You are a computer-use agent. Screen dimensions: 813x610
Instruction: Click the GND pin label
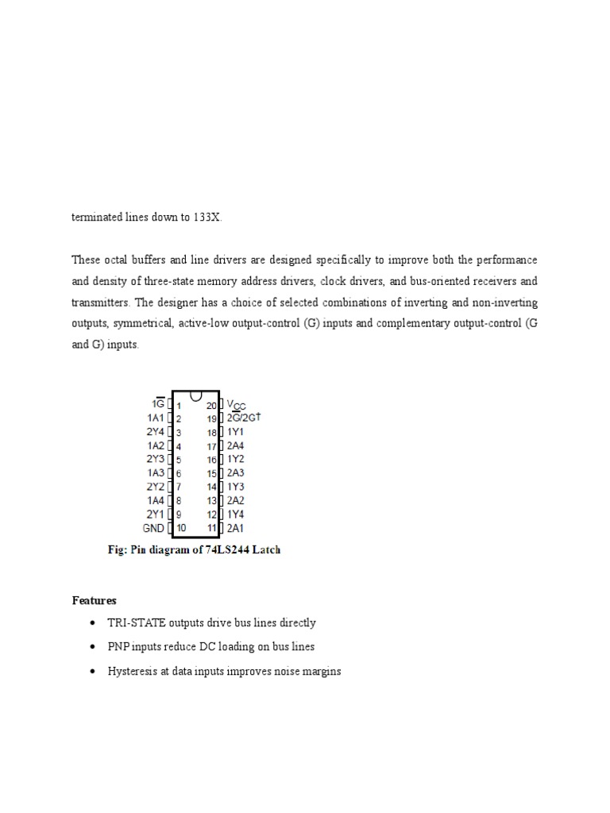pyautogui.click(x=154, y=528)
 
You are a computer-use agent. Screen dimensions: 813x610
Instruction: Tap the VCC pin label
pyautogui.click(x=237, y=405)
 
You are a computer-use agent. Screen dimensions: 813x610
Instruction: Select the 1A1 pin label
pyautogui.click(x=156, y=418)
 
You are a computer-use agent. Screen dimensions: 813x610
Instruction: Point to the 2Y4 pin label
pyautogui.click(x=156, y=432)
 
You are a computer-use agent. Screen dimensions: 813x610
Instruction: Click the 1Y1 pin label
pyautogui.click(x=235, y=432)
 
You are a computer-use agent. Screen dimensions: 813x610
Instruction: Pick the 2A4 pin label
pyautogui.click(x=236, y=446)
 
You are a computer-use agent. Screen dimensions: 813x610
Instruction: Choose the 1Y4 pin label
pyautogui.click(x=236, y=514)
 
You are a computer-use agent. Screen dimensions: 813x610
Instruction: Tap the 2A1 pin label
pyautogui.click(x=236, y=528)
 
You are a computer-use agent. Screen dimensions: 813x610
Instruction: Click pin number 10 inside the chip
pyautogui.click(x=181, y=528)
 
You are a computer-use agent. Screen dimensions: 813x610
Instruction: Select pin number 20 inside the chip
pyautogui.click(x=211, y=405)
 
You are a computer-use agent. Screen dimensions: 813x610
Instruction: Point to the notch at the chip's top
pyautogui.click(x=196, y=395)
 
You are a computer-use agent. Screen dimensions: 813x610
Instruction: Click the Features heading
pyautogui.click(x=94, y=600)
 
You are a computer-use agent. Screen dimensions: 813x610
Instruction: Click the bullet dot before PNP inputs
pyautogui.click(x=95, y=648)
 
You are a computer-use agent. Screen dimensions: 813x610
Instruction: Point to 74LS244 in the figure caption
pyautogui.click(x=223, y=549)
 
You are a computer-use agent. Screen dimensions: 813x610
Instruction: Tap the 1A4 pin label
pyautogui.click(x=156, y=500)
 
